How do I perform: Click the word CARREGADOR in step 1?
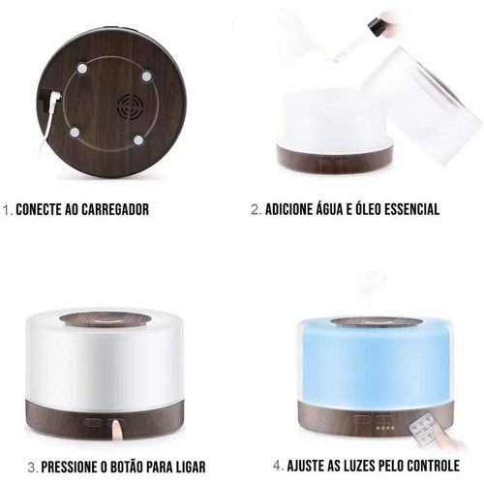115,209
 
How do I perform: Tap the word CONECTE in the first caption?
39,209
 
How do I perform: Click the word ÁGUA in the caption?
323,208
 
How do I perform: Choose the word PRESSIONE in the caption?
69,468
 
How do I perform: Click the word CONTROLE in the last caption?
434,466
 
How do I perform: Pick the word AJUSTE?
303,466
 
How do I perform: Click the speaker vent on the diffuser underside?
130,107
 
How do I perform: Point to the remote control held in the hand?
424,431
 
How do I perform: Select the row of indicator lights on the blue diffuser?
386,428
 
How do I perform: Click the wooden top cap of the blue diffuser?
377,323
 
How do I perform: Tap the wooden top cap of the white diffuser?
105,318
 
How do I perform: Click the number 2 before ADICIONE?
256,210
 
